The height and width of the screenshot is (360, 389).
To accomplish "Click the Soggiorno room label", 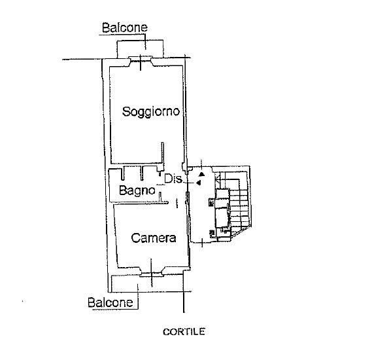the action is click(151, 112).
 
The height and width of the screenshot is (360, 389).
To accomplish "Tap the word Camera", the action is click(154, 238).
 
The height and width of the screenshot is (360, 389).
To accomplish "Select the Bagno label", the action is click(137, 190).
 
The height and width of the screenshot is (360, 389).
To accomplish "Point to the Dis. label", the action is click(173, 179).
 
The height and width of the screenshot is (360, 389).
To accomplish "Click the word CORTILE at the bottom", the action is click(184, 332).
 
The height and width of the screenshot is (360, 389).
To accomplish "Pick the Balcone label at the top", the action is click(125, 27).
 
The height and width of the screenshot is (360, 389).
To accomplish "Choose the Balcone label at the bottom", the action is click(110, 302).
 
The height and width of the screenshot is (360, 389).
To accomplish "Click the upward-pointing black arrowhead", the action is click(202, 174).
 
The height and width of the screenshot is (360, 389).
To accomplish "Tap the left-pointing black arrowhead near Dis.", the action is click(199, 183).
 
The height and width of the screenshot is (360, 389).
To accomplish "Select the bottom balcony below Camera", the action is click(147, 283).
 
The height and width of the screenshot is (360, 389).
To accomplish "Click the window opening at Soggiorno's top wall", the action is click(141, 59).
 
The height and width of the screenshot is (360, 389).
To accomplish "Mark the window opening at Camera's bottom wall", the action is click(151, 273).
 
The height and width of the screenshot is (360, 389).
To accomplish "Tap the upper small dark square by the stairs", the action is click(211, 203).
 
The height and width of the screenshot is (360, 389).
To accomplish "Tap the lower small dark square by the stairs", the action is click(212, 232).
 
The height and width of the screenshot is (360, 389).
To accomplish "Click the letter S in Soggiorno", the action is click(126, 111).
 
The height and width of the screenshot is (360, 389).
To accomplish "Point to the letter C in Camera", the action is click(135, 238).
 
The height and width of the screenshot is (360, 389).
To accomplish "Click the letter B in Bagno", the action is click(123, 190).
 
